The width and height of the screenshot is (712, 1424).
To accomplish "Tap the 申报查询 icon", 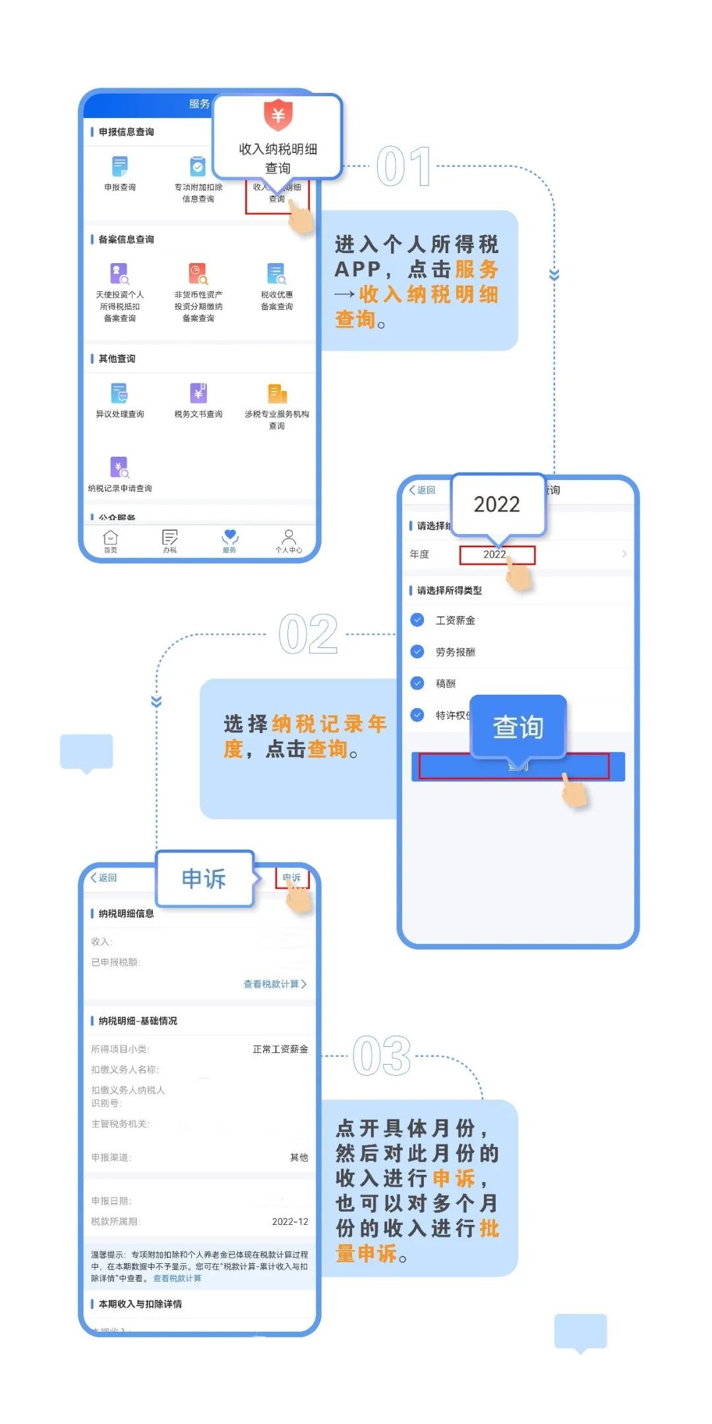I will tap(119, 166).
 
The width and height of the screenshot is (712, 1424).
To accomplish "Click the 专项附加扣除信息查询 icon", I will tap(198, 166).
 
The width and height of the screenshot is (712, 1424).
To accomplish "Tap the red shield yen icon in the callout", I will tap(278, 115).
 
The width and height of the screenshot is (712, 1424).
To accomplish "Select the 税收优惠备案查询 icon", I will tap(276, 274).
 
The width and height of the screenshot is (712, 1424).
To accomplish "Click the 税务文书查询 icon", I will tap(198, 393).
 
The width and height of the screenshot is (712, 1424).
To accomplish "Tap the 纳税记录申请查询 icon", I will tap(119, 467).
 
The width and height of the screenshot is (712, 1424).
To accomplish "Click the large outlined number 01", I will tap(403, 167).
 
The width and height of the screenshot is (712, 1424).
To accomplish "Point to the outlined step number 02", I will tap(308, 635).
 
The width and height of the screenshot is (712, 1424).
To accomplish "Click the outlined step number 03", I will tap(382, 1056).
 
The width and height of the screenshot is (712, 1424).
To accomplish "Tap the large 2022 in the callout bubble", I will tap(497, 504).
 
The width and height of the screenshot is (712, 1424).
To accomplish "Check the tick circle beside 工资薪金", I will tap(417, 620).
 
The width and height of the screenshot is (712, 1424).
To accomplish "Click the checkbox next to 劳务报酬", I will tap(417, 651).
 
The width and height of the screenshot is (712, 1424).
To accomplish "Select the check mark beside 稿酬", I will tap(417, 683).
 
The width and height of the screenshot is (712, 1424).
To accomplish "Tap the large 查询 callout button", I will tap(518, 727).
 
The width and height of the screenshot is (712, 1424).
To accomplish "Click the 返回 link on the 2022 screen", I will tap(423, 490).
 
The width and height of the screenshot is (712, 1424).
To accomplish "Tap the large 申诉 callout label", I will tap(204, 879).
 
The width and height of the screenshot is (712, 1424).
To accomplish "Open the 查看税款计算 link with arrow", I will tap(275, 984).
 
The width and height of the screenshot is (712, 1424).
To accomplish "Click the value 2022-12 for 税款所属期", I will tap(290, 1222).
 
